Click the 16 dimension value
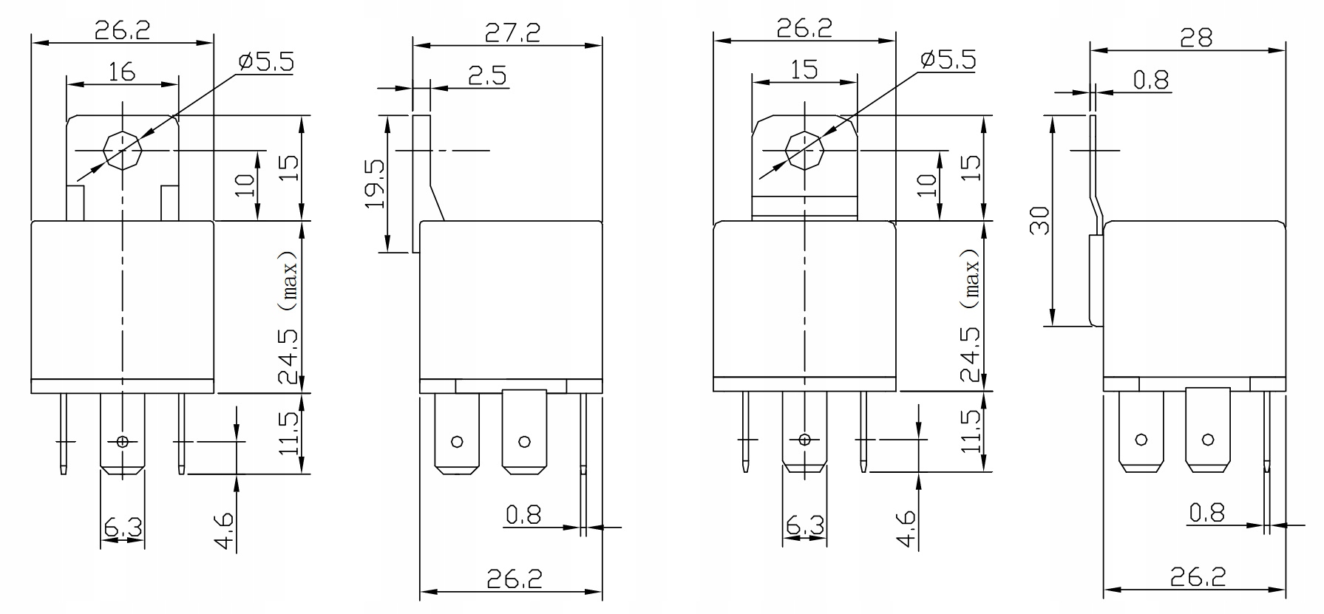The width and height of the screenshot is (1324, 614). (122, 72)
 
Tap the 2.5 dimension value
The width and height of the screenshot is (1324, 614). (487, 76)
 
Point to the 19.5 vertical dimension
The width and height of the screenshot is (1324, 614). (375, 183)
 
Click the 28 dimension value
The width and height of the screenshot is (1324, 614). (1196, 38)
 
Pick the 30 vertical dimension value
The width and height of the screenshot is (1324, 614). (1040, 220)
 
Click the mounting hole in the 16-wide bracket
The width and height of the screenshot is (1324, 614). (121, 150)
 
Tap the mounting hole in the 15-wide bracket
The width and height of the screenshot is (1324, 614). (804, 150)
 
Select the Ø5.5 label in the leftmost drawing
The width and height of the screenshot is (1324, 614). (265, 61)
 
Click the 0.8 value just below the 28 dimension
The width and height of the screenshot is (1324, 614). (1152, 79)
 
